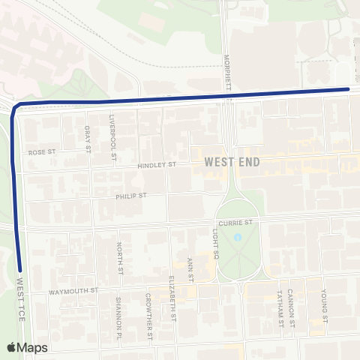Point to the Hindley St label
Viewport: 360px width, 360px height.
pos(157,165)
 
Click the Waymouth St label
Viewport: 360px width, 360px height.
pos(73,290)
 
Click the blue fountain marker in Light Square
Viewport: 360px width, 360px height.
pos(237,238)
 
